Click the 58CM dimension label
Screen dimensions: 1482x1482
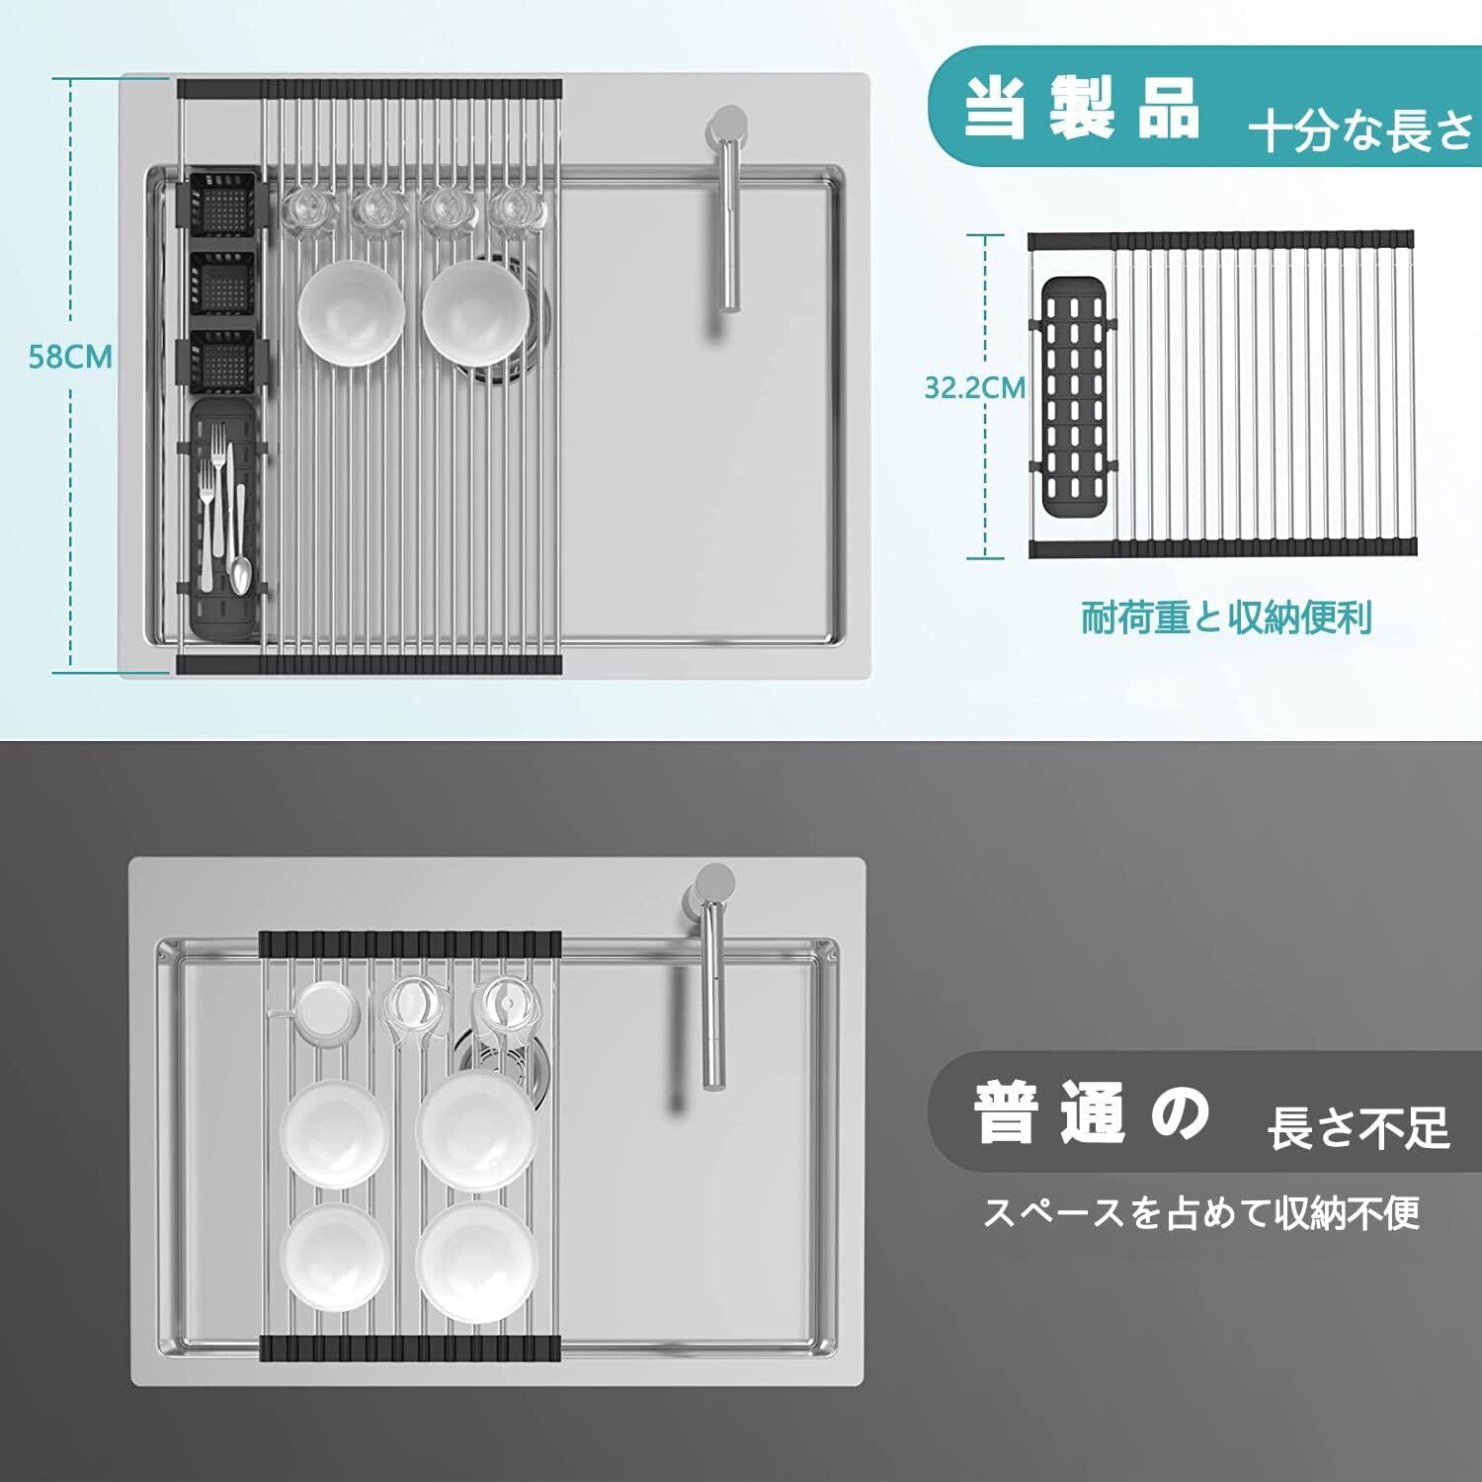(x=69, y=356)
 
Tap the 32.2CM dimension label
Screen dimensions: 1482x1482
(x=974, y=387)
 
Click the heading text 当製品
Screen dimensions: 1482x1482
(x=1082, y=108)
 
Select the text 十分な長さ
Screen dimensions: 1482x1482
(x=1361, y=130)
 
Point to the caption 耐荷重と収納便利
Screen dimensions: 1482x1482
(x=1226, y=618)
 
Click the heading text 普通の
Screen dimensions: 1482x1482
(x=1092, y=1112)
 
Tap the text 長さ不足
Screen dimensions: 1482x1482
(x=1358, y=1127)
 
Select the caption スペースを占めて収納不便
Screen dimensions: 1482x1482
(x=1200, y=1211)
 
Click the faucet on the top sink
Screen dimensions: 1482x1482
(x=726, y=207)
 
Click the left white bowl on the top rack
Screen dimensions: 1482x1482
(x=351, y=312)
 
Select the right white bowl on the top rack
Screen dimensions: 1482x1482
(x=475, y=312)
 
